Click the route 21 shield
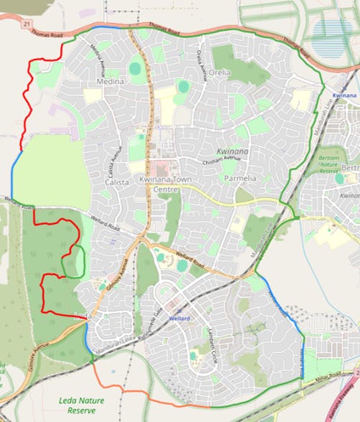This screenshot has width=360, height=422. click(27, 24)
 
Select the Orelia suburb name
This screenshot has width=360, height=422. click(219, 72)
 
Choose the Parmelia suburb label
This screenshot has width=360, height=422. click(240, 177)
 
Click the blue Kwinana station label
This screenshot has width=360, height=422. click(345, 94)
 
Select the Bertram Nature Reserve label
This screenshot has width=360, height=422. click(328, 164)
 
